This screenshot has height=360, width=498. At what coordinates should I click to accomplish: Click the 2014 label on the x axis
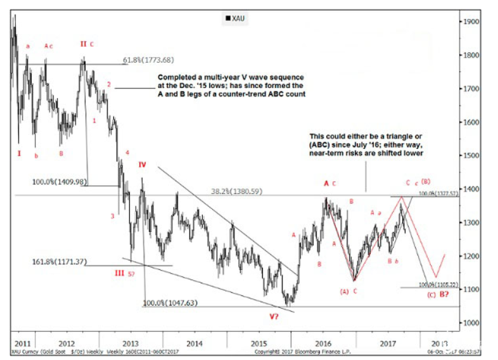195,343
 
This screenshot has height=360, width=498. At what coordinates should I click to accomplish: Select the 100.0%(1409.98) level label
59,182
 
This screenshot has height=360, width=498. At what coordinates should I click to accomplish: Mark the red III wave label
119,273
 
